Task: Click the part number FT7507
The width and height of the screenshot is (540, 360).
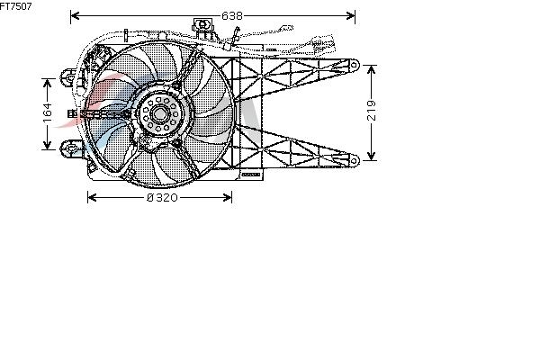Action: [x=15, y=6]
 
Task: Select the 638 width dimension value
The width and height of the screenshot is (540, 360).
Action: [x=232, y=15]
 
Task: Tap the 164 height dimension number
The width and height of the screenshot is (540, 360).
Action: [x=47, y=112]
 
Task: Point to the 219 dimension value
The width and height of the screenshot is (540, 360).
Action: [x=371, y=110]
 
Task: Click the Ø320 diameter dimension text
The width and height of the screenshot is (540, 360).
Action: [x=162, y=197]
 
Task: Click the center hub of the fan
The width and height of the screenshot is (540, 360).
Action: [x=159, y=113]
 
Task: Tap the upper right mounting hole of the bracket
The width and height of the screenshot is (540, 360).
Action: [x=354, y=65]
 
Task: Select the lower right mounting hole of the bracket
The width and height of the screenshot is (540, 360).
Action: [x=354, y=160]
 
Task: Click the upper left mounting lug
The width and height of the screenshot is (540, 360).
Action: [x=69, y=77]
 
